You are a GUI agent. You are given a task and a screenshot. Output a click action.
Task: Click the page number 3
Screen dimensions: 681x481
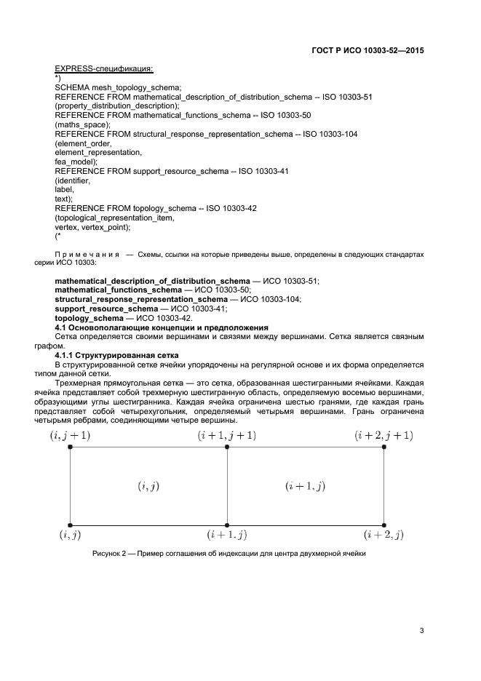coord(421,630)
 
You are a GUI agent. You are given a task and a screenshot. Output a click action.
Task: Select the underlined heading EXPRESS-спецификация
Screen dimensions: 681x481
coord(103,69)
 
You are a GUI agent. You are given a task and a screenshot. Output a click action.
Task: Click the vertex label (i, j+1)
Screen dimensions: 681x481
coord(70,435)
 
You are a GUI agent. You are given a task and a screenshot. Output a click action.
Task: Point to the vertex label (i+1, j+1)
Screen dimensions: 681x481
coord(227,435)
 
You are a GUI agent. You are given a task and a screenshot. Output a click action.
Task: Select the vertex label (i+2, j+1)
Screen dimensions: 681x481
coord(383,435)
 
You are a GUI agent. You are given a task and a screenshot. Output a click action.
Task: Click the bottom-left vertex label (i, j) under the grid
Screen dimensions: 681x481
coord(70,535)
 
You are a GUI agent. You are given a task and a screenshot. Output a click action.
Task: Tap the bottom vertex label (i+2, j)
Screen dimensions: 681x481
coord(383,535)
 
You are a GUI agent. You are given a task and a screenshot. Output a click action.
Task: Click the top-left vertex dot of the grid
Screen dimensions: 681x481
coord(70,447)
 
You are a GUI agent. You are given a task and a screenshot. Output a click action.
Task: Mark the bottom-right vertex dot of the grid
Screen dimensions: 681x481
coord(383,524)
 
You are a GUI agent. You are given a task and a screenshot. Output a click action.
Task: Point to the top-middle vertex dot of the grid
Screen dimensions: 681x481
coord(227,447)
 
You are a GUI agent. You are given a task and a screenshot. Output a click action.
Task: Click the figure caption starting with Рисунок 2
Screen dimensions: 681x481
coord(228,554)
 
